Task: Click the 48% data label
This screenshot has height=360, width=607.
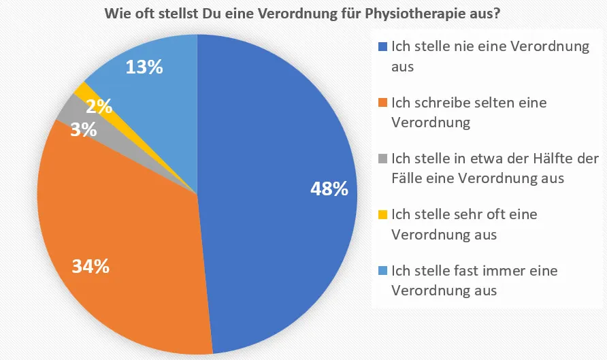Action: coord(329,189)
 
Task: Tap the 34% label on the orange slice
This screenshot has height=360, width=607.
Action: coord(91,266)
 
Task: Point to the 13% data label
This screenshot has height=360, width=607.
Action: coord(144,67)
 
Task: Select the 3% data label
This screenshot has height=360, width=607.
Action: coord(84,129)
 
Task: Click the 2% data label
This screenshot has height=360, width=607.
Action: coord(99,106)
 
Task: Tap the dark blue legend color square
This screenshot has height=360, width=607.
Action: coord(383,47)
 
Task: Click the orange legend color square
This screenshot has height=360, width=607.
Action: coord(383,103)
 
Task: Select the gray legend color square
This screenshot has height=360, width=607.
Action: coord(383,159)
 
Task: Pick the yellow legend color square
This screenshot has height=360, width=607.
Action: coord(383,214)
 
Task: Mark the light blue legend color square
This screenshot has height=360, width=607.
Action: coord(383,270)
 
